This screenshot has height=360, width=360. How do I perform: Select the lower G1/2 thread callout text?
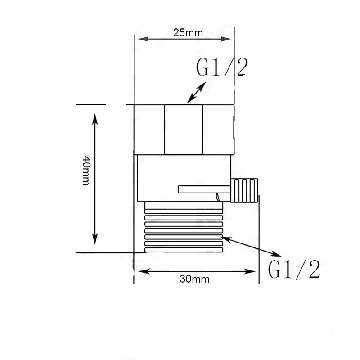294,270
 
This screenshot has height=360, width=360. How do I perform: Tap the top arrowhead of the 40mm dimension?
95,118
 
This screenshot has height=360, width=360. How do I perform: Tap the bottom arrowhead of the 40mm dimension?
95,241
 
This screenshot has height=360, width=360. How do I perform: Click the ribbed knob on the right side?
245,190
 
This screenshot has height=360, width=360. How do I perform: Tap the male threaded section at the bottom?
183,227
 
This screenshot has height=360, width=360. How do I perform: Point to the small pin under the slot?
218,197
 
